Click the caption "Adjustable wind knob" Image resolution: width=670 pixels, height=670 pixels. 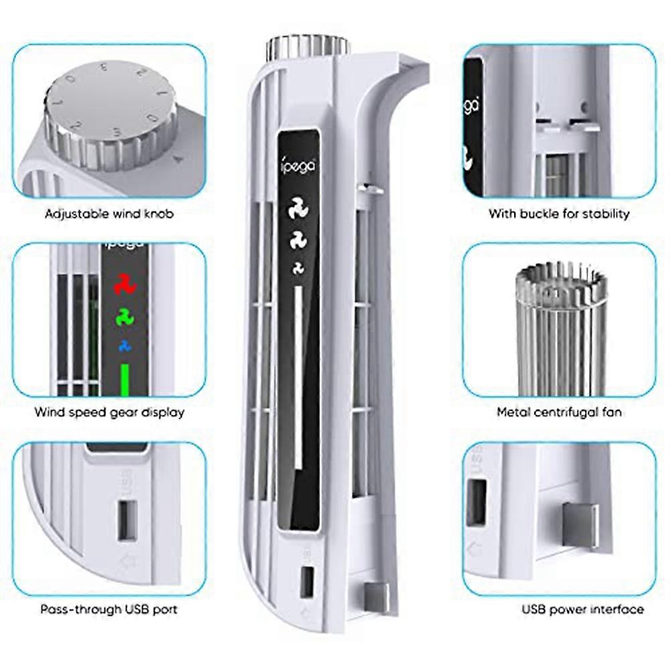click(x=109, y=214)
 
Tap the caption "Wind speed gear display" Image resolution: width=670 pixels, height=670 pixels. click(x=109, y=412)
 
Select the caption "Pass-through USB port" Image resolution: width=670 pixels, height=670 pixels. click(x=109, y=609)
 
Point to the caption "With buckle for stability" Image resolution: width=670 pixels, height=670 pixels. click(x=559, y=214)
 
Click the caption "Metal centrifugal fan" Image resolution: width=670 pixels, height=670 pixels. click(x=559, y=412)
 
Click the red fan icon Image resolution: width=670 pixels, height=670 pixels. click(x=124, y=284)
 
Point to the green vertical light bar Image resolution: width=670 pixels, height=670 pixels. click(x=124, y=380)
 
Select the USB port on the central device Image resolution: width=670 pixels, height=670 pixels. click(x=307, y=582)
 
